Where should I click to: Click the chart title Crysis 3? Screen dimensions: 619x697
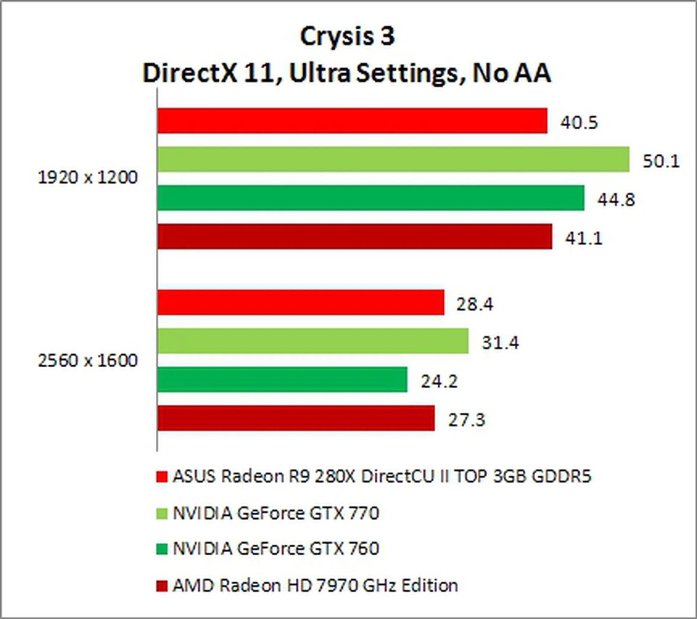tap(347, 36)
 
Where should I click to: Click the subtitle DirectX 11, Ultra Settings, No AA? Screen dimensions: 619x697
tap(347, 73)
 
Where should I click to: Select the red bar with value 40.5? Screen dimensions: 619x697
tap(352, 120)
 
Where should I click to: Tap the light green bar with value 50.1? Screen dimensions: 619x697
tap(393, 159)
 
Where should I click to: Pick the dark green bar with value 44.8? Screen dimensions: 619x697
tap(371, 198)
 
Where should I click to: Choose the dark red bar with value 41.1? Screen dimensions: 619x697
tap(355, 236)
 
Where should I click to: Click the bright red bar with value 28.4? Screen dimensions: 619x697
tap(301, 302)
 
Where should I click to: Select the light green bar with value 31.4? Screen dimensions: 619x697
tap(313, 341)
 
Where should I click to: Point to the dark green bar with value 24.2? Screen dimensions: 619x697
tap(282, 380)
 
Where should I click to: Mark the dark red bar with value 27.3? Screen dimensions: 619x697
tap(296, 418)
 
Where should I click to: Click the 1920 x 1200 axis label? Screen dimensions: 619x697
tap(88, 178)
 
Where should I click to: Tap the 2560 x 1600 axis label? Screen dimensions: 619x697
tap(88, 361)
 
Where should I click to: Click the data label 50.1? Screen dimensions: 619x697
tap(661, 161)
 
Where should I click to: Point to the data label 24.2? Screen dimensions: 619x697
tap(439, 381)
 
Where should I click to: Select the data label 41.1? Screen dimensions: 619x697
tap(584, 238)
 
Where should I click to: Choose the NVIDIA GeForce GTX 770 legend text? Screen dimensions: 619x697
tap(276, 513)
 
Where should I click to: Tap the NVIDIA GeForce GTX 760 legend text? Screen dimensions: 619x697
tap(276, 548)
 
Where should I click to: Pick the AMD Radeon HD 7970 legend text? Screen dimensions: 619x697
tap(315, 585)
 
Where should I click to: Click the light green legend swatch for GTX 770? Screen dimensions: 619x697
tap(162, 514)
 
